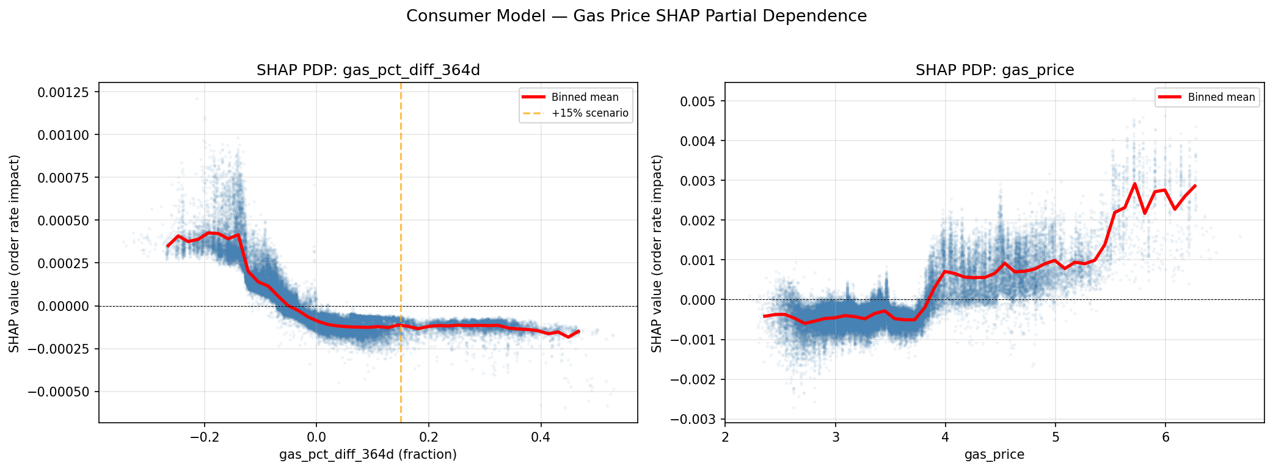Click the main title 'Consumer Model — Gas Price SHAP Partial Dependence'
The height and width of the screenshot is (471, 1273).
636,16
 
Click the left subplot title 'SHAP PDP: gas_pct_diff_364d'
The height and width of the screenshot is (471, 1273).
368,70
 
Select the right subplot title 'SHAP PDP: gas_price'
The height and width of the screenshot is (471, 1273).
994,70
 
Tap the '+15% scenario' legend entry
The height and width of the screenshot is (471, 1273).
589,113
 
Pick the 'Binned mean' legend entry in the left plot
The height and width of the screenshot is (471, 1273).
585,97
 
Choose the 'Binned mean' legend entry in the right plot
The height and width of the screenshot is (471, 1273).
1221,97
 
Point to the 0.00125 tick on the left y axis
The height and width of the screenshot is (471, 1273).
64,92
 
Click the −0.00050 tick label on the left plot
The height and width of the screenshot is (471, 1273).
59,392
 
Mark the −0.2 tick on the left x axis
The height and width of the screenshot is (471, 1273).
204,437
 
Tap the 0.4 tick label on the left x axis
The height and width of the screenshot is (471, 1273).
541,437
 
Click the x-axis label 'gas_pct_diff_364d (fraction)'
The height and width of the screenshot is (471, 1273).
368,455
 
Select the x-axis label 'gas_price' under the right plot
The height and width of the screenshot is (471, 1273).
994,455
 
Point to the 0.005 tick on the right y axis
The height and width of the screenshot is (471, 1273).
698,101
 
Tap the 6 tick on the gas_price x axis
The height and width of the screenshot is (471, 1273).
1165,437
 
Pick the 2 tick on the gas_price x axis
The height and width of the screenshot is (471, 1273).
725,437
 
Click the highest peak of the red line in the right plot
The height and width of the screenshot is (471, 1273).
1134,183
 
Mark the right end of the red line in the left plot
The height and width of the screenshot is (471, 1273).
578,331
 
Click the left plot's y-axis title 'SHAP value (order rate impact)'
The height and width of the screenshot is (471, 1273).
14,253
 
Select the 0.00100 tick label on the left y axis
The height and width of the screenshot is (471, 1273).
64,135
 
